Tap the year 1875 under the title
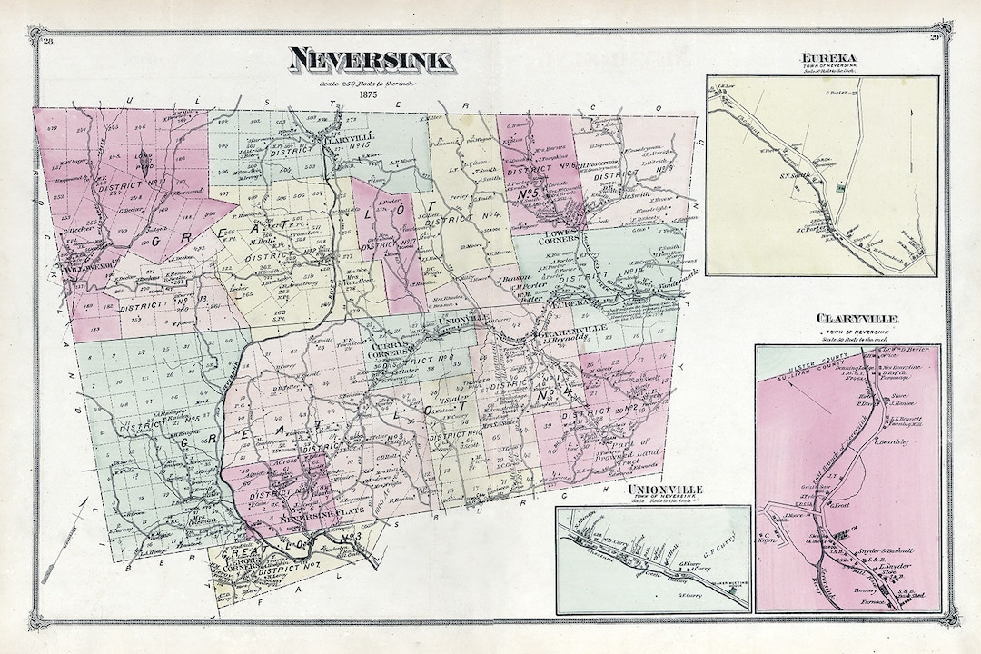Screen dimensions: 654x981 pos(367,94)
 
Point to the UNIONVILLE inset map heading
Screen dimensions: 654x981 pos(665,490)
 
